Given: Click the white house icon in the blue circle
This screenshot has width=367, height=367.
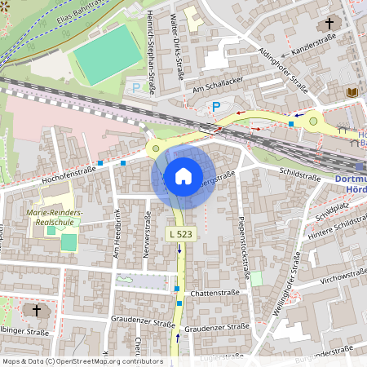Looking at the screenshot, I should click(183, 176).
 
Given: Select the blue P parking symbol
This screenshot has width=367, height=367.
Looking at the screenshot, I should click(216, 106).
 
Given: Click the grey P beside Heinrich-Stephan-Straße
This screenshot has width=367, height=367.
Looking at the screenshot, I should click(135, 86).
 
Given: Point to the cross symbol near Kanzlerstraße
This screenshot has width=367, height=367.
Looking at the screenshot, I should click(329, 24).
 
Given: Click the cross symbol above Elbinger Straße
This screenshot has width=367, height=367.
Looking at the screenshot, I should click(35, 310).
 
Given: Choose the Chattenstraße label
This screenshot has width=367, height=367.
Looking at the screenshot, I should click(213, 293).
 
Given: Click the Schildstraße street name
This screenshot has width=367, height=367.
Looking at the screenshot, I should click(299, 173).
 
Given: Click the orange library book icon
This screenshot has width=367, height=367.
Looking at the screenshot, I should click(352, 93).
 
